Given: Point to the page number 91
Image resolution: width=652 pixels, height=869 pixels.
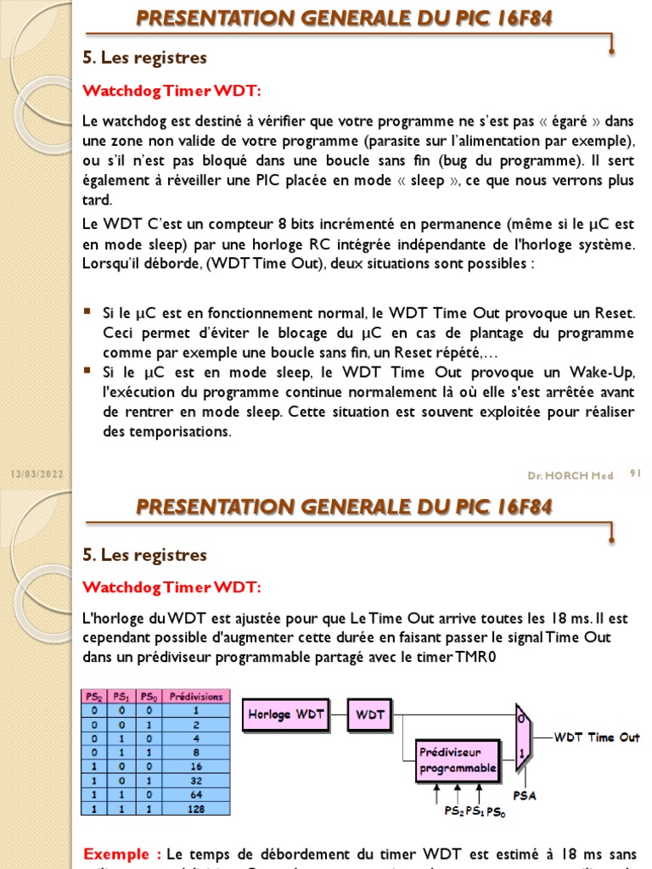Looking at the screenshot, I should pyautogui.click(x=634, y=474).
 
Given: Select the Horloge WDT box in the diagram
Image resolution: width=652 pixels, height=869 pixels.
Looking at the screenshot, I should pyautogui.click(x=286, y=715).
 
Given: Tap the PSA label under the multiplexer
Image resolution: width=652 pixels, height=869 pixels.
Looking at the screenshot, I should pyautogui.click(x=526, y=796).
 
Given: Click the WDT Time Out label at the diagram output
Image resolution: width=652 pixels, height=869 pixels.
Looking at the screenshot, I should pyautogui.click(x=597, y=737).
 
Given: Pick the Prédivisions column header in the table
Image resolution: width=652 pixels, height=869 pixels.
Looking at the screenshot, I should pyautogui.click(x=196, y=697).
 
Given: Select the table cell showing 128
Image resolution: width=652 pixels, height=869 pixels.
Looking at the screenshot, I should pyautogui.click(x=196, y=809).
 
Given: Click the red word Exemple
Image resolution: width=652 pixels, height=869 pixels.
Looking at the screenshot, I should pyautogui.click(x=122, y=853).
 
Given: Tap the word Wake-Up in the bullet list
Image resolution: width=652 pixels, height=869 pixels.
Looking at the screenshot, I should pyautogui.click(x=605, y=373).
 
